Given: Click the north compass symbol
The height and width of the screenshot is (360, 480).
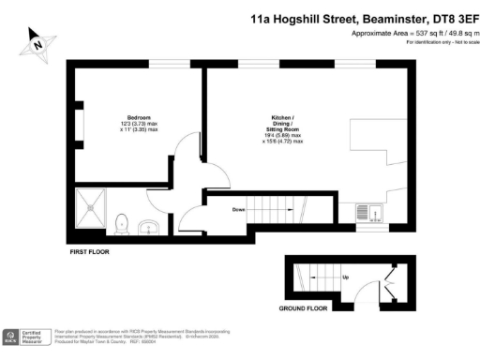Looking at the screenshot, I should [x=37, y=42].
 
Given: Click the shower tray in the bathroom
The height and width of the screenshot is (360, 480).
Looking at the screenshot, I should [x=93, y=208].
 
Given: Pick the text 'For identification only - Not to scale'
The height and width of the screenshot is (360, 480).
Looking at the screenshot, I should [x=437, y=44].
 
